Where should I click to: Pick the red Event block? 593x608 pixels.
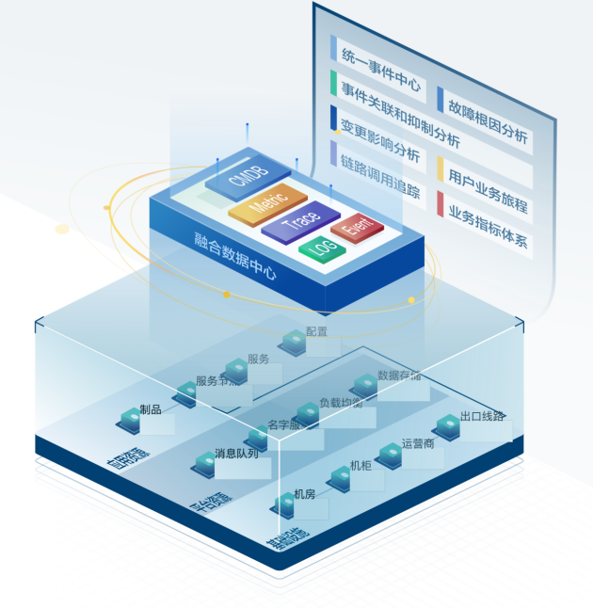coord(357,227)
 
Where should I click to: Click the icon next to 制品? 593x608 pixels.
coord(130,417)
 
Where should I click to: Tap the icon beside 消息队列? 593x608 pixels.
coord(204,461)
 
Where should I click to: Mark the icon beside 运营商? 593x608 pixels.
coord(389,453)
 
